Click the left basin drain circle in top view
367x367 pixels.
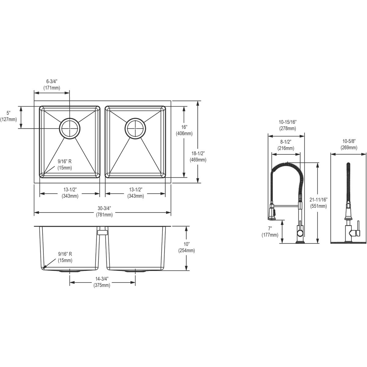coord(70,128)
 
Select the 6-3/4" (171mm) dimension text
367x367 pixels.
coord(52,84)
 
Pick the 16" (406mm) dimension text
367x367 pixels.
coord(184,130)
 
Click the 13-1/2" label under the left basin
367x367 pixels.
coord(70,193)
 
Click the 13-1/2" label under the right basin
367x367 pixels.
coord(135,193)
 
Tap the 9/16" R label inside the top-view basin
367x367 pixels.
coord(65,164)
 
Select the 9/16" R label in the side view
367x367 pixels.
coord(65,257)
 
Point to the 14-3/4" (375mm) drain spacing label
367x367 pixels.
coord(102,282)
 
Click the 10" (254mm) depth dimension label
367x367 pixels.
coord(186,247)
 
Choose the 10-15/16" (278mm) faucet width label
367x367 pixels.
coord(287,125)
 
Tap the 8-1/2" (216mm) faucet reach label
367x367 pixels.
coord(286,145)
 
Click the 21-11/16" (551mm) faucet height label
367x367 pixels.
coord(318,203)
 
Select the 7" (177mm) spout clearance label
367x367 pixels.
coord(270,232)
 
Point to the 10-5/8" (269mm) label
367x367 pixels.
coord(349,144)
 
